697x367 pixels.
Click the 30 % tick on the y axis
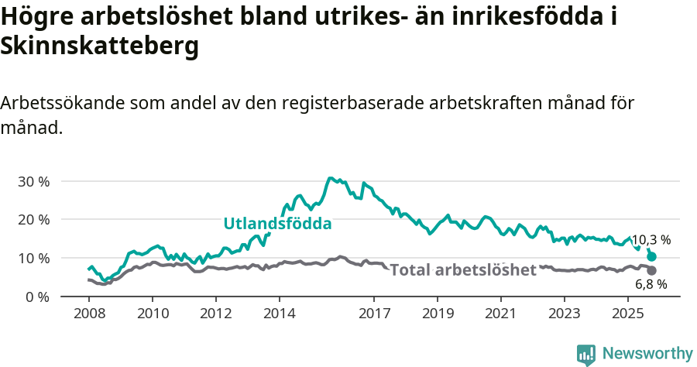34,181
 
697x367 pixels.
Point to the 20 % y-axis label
34,219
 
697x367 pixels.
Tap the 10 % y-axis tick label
34,258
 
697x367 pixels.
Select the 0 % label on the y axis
37,297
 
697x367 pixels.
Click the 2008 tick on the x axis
89,314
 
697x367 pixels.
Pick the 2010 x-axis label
153,314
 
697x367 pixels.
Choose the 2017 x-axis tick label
374,314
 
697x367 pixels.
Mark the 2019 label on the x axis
438,314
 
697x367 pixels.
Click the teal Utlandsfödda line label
277,224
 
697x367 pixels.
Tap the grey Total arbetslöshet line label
462,270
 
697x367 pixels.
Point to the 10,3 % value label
651,240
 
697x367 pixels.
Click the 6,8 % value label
651,284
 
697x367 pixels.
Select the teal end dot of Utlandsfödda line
651,256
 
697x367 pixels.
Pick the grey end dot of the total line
651,270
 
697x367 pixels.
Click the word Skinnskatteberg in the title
100,46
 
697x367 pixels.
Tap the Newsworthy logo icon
586,354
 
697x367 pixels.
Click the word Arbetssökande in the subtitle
64,103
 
